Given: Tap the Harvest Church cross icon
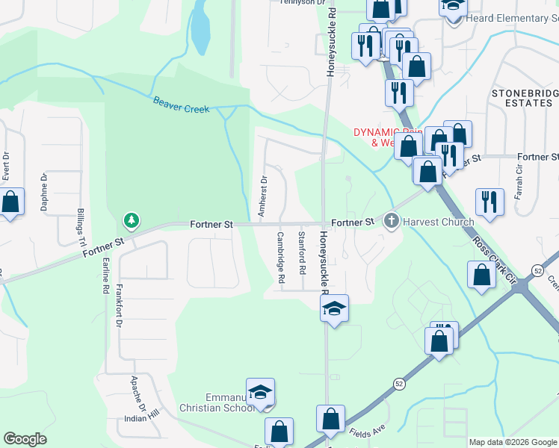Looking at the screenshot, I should pyautogui.click(x=391, y=222).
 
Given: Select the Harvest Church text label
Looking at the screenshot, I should pyautogui.click(x=439, y=222).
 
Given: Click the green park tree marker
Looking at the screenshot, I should pyautogui.click(x=132, y=220).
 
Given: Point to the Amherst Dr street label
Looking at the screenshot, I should pyautogui.click(x=262, y=196).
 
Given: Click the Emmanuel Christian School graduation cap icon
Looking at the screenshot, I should pyautogui.click(x=260, y=392).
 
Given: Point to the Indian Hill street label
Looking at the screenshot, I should pyautogui.click(x=143, y=420).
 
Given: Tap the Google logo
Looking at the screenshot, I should pyautogui.click(x=25, y=439).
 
